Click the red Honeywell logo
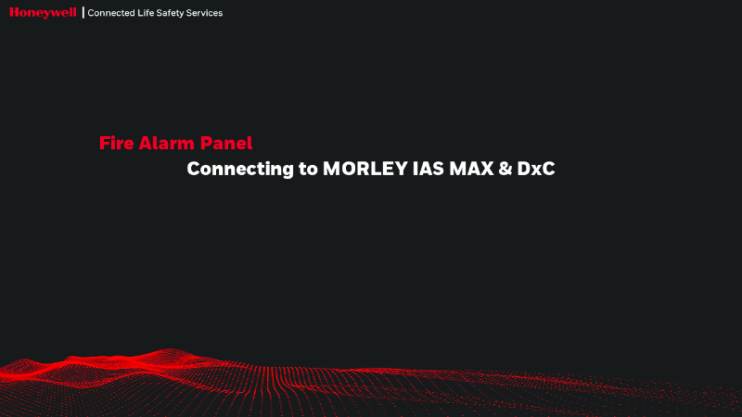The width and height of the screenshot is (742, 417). tap(43, 12)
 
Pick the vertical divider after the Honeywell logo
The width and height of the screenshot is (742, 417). tap(83, 13)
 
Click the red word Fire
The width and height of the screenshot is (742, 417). tap(115, 144)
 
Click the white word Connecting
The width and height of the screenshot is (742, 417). tap(240, 171)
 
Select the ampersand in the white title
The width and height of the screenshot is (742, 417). tap(507, 171)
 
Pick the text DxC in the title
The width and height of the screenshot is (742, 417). tap(537, 171)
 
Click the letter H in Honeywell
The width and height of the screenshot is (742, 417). tap(15, 12)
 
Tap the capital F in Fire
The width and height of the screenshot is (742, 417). tap(104, 144)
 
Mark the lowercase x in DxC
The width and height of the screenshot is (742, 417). tap(537, 171)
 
